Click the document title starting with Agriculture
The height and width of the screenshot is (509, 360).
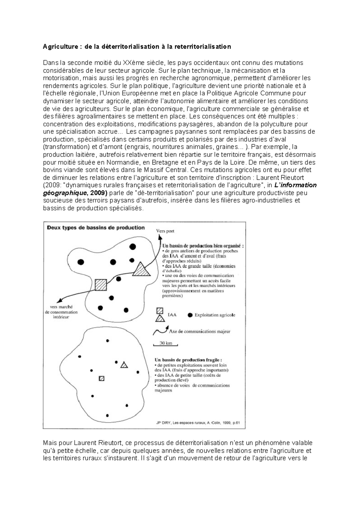tap(137, 47)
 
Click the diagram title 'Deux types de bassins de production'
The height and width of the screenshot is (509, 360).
tap(96, 228)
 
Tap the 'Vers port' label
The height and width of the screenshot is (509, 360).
tap(165, 231)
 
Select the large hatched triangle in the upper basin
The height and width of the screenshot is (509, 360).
tap(141, 270)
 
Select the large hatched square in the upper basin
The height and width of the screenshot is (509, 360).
tap(101, 285)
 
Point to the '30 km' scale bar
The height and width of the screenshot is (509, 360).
tap(166, 344)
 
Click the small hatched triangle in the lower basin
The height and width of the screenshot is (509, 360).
tap(124, 365)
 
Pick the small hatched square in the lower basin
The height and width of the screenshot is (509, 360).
tap(102, 378)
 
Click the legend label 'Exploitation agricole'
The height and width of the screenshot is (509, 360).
tap(215, 315)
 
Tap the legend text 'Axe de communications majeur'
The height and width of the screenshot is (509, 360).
tap(199, 332)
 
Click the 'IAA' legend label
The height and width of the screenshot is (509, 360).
tap(172, 315)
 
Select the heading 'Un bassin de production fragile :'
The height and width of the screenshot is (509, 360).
tap(188, 360)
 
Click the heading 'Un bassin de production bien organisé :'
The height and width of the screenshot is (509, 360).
tap(203, 246)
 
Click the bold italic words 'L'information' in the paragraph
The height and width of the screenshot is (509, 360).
tap(295, 185)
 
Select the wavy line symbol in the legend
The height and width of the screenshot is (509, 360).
tap(160, 331)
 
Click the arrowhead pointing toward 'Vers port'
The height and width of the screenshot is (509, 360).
tap(160, 237)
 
